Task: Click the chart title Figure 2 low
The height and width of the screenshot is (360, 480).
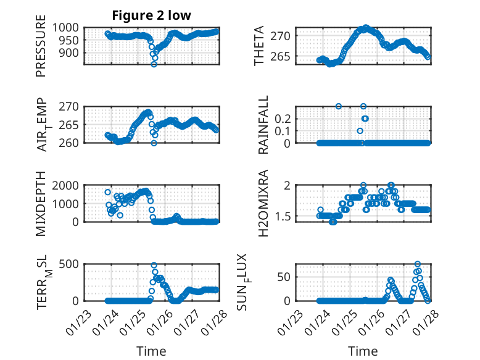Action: (x=151, y=15)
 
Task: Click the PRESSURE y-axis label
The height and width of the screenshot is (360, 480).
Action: (x=41, y=50)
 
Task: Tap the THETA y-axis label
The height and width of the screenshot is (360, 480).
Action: (x=259, y=46)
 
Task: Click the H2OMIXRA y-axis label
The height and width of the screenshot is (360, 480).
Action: (x=263, y=204)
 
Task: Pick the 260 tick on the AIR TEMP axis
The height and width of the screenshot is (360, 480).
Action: (x=70, y=143)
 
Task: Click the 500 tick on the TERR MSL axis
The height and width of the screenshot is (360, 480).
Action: (x=70, y=264)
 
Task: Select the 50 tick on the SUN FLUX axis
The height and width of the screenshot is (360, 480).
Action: (x=284, y=277)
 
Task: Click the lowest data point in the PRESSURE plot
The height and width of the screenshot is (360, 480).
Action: (x=154, y=64)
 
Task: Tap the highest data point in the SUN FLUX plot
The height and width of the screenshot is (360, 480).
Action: (x=418, y=264)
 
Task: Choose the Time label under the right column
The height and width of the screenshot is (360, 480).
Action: (x=363, y=351)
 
